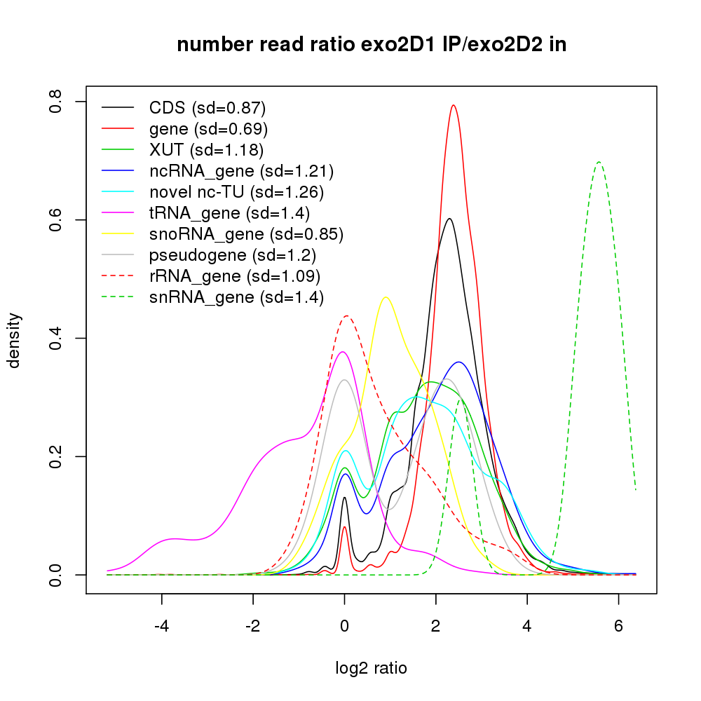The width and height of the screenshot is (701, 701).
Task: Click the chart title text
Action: coord(372,46)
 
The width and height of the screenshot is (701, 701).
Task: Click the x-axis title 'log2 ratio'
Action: coord(372,668)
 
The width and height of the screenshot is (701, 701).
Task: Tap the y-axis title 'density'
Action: coord(14,340)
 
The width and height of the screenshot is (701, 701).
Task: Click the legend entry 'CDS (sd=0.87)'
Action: coord(207,108)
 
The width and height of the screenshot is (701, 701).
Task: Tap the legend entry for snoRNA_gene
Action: coord(246,234)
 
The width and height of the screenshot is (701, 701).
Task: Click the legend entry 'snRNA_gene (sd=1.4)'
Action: coord(236,297)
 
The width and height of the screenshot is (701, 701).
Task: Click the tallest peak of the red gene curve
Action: coord(454,106)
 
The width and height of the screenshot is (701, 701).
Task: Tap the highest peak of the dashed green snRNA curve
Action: coord(599,162)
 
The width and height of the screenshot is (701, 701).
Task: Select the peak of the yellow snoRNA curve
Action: coord(385,297)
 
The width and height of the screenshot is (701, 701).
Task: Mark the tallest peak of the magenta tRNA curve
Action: coord(342,352)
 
